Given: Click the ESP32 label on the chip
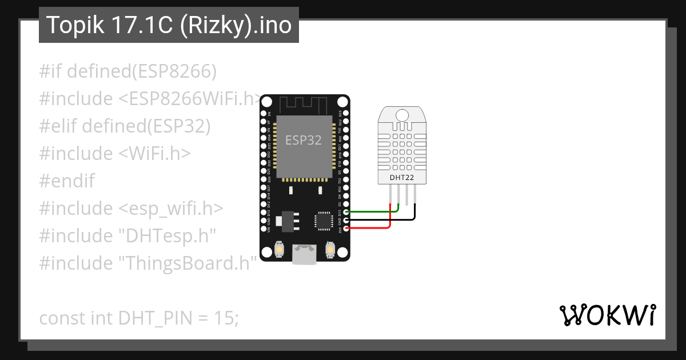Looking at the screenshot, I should pyautogui.click(x=304, y=140).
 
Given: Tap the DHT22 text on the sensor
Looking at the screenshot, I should pyautogui.click(x=401, y=178).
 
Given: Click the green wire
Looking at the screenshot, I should pyautogui.click(x=372, y=211).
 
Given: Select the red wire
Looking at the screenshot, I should pyautogui.click(x=372, y=228).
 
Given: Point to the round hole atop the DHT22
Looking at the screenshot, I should pyautogui.click(x=402, y=115).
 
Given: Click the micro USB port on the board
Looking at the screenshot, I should pyautogui.click(x=304, y=253).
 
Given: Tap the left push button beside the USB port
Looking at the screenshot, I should pyautogui.click(x=280, y=250).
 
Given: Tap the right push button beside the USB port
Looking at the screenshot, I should pyautogui.click(x=330, y=250).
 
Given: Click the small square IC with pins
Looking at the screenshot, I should pyautogui.click(x=324, y=220).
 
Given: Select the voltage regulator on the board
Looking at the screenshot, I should pyautogui.click(x=285, y=220).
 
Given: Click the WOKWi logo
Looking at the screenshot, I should pyautogui.click(x=607, y=315).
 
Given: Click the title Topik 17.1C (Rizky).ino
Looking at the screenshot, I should pyautogui.click(x=169, y=25).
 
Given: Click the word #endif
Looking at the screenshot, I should pyautogui.click(x=67, y=181).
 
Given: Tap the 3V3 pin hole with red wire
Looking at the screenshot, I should pyautogui.click(x=346, y=228).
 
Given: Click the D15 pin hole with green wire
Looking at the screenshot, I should pyautogui.click(x=346, y=211).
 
